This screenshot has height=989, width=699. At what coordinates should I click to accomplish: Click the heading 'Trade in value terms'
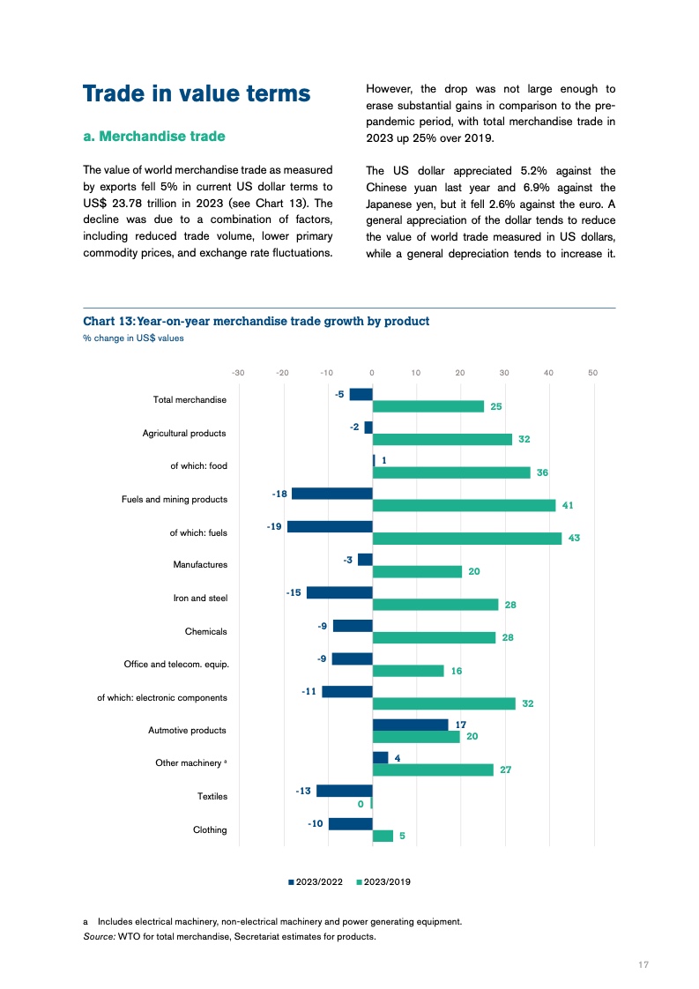point(196,94)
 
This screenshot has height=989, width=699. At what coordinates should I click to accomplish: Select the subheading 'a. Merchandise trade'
point(153,137)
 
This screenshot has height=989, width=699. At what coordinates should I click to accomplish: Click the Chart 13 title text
point(256,321)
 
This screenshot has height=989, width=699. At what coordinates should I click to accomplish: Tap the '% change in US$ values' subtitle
point(133,338)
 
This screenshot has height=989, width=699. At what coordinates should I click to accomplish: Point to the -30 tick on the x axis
point(238,373)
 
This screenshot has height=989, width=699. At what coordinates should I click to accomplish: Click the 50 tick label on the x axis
point(592,373)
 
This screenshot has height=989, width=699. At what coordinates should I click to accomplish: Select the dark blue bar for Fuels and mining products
point(332,494)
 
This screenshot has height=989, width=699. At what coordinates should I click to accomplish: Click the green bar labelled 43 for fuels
point(466,539)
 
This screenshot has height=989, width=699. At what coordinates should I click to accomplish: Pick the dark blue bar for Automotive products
point(410,725)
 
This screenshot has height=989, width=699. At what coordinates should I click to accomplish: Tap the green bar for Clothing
point(383,836)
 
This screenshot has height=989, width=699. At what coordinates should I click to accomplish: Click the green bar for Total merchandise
point(428,406)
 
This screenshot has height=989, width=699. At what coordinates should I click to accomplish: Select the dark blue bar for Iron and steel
point(339,592)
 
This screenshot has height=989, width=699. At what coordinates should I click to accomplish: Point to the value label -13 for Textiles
point(303,791)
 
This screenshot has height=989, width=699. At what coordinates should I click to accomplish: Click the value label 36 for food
point(542,472)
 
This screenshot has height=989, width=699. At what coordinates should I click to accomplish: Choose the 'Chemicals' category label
point(205,631)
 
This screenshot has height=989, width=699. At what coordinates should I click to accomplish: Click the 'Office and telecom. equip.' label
point(177,664)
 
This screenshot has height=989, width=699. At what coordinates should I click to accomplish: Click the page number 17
point(643,965)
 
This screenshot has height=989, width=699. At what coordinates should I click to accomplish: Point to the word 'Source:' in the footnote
point(98,937)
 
